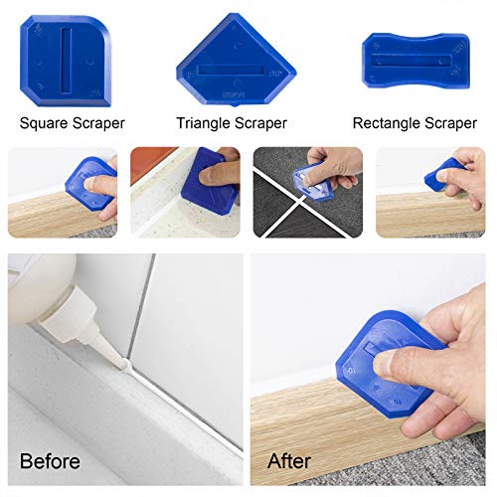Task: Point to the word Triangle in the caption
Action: point(206,123)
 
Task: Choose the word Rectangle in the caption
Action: point(388,123)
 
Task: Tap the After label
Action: point(287,461)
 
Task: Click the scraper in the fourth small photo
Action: point(445,176)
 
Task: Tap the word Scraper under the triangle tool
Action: point(260,123)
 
